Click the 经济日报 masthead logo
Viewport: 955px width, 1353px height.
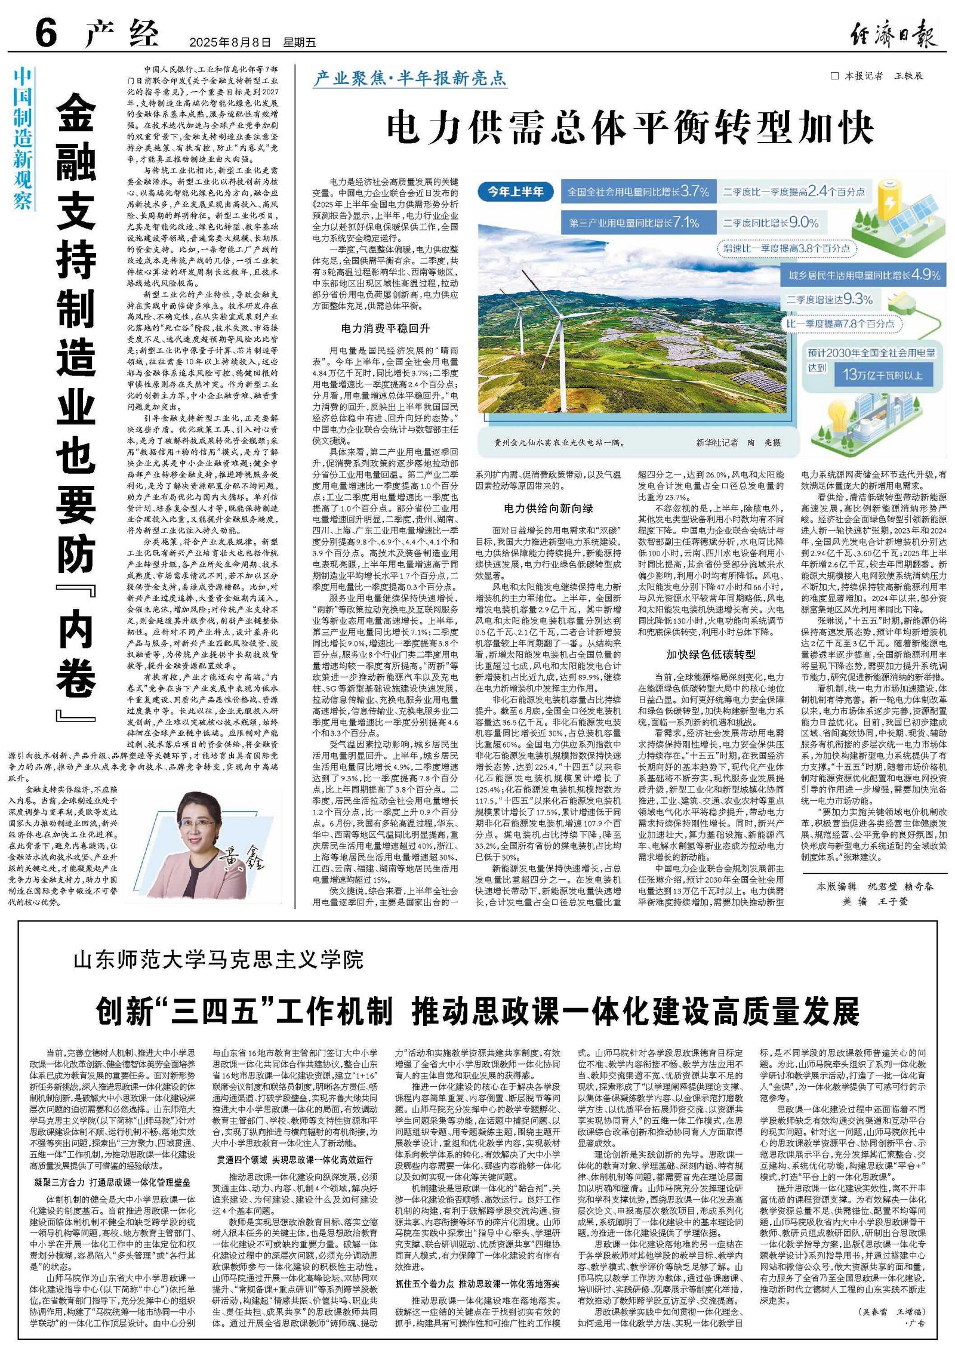[893, 33]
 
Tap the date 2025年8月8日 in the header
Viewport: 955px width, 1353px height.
[229, 42]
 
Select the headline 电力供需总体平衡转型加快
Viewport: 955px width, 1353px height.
[630, 127]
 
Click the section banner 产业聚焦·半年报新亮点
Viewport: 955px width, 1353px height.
[411, 78]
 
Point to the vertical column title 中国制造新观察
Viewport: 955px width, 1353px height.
[23, 138]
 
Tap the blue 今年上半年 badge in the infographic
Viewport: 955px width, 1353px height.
[515, 192]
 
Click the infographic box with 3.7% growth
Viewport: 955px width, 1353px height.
[637, 192]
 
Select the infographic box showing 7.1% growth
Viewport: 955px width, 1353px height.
[637, 223]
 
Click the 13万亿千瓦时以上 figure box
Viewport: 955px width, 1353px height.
[882, 374]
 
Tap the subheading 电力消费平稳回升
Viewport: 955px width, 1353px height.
[385, 328]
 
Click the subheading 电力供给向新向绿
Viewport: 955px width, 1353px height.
[548, 508]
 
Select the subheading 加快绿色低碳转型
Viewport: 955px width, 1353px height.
[711, 654]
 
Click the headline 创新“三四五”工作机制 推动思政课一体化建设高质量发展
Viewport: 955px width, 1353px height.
[478, 1010]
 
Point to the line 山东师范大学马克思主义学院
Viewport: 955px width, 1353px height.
[218, 961]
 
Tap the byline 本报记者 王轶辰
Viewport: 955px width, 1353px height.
[877, 76]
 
